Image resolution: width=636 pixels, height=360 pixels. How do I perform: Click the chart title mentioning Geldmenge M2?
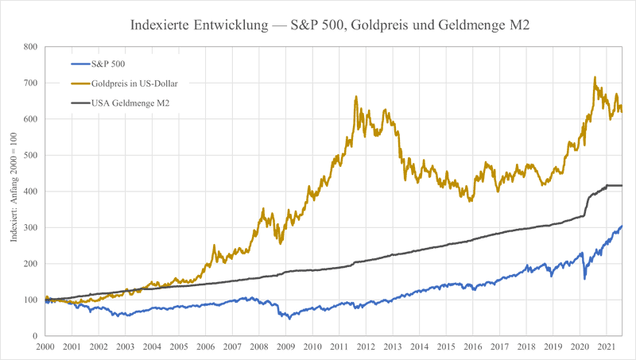click(330, 25)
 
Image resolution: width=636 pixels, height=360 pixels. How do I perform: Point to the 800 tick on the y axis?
click(31, 47)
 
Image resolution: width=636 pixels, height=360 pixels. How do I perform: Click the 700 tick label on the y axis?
click(31, 83)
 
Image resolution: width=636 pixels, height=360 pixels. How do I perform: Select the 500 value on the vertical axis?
click(31, 155)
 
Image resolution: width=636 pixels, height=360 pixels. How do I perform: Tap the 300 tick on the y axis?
click(31, 227)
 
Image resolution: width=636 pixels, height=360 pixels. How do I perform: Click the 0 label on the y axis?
click(36, 336)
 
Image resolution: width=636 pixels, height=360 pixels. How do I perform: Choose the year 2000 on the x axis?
click(45, 347)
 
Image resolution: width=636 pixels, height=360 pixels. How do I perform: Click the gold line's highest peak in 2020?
click(595, 78)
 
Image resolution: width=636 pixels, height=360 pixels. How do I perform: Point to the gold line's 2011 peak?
click(355, 96)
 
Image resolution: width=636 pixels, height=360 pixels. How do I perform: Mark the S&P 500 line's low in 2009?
click(289, 318)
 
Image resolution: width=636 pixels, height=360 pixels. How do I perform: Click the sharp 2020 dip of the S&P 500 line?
click(584, 278)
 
